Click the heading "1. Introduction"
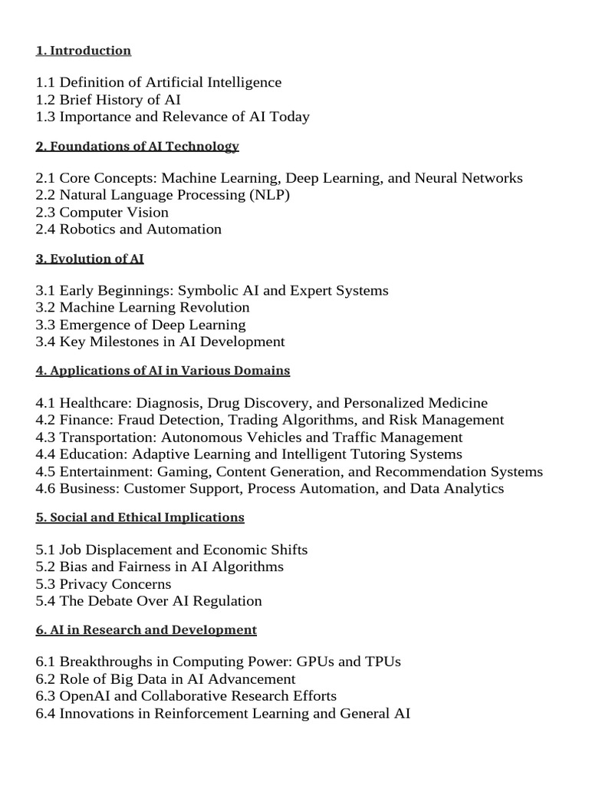coord(83,51)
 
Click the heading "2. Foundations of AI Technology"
coord(137,146)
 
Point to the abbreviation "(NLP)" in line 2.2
coord(269,195)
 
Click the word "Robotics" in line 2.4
coord(86,229)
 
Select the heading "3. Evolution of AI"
coord(90,259)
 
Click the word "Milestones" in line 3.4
coord(122,342)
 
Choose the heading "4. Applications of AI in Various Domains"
coord(163,371)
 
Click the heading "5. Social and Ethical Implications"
coord(140,517)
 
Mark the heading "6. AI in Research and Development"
coord(146,629)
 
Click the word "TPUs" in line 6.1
coord(384,662)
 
